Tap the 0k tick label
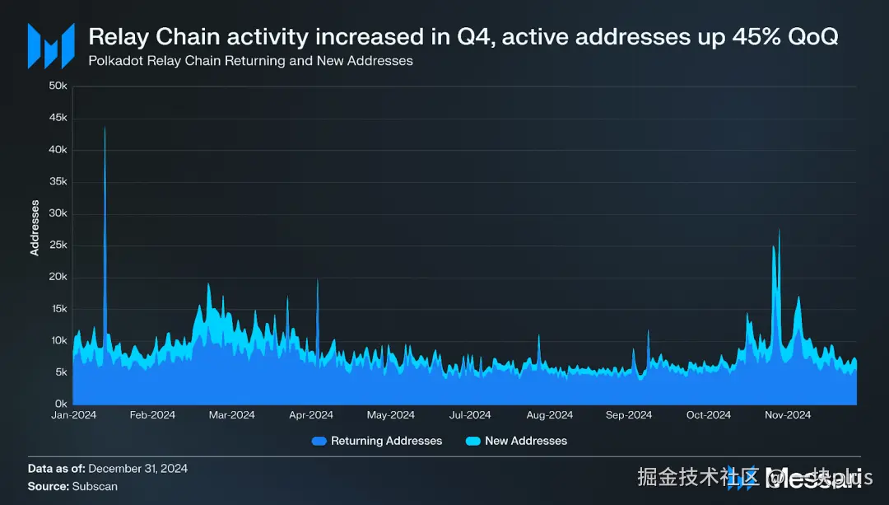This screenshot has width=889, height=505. pos(59,404)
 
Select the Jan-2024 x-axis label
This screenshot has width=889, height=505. pos(73,415)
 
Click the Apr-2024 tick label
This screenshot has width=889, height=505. pos(311,415)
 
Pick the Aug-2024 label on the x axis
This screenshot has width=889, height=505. pos(549,415)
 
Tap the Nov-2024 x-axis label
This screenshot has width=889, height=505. pos(788,415)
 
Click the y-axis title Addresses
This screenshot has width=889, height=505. pos(35,227)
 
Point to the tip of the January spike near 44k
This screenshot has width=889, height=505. pos(105,128)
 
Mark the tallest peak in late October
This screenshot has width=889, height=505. pos(779,230)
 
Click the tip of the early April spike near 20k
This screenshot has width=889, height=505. pos(318,280)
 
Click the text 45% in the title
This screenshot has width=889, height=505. pos(738,37)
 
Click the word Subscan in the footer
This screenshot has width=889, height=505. pos(94,486)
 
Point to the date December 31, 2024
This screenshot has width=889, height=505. pos(137,468)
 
